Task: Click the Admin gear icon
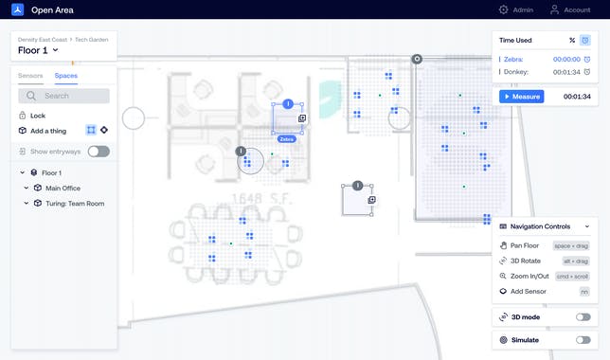coord(503,9)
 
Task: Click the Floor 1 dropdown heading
coord(38,50)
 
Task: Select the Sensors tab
coord(30,75)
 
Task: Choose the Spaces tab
coord(66,75)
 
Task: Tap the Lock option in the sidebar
coord(37,115)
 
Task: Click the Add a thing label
coord(49,130)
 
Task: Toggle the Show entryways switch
coord(99,152)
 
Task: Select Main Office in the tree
coord(63,188)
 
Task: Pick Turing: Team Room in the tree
coord(74,203)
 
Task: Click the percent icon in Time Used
coord(572,41)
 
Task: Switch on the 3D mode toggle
coord(583,317)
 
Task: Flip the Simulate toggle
coord(583,340)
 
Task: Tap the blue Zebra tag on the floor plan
coord(287,139)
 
